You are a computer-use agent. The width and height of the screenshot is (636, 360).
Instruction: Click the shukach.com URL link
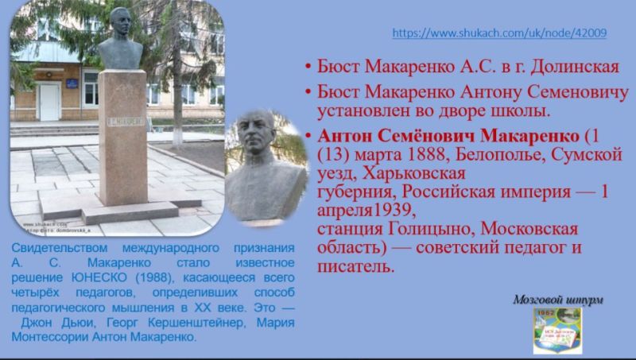(500, 33)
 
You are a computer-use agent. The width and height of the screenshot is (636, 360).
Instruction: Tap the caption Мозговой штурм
(557, 300)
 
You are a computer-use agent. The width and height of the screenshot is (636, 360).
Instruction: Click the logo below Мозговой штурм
(557, 330)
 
